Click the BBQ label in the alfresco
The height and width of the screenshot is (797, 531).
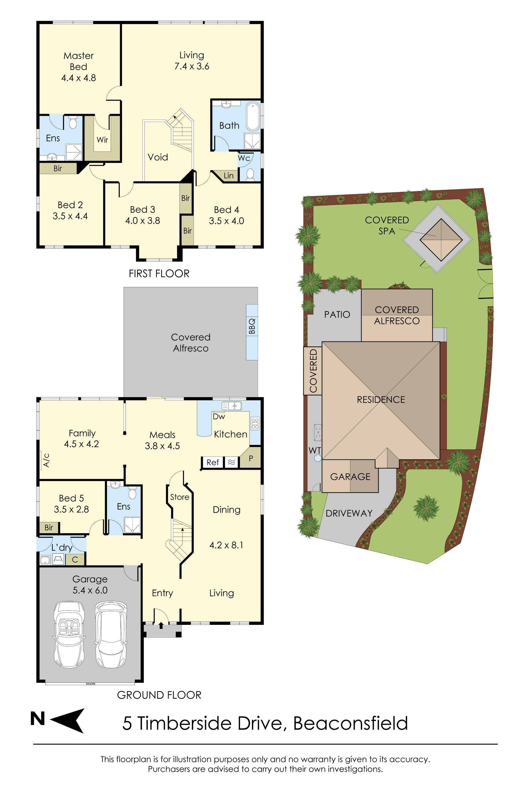[x=252, y=326]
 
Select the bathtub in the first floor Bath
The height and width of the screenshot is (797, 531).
[x=253, y=117]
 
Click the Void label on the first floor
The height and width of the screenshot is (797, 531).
[x=158, y=157]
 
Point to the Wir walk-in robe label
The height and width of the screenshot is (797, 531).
[x=102, y=140]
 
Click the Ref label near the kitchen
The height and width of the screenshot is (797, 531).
[x=213, y=463]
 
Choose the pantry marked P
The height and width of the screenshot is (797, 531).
[x=251, y=459]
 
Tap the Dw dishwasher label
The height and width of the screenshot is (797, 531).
[x=219, y=417]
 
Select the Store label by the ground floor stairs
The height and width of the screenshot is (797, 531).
[x=179, y=497]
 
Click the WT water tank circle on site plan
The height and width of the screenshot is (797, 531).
[x=317, y=458]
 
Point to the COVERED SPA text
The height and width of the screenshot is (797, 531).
[x=387, y=226]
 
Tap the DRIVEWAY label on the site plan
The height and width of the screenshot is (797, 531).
[x=349, y=513]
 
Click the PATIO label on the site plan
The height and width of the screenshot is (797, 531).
[x=337, y=315]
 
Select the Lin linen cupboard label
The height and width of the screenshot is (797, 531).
[x=229, y=176]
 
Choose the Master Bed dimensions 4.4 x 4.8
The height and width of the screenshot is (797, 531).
[x=79, y=78]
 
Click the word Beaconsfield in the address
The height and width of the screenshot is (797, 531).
[x=350, y=723]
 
